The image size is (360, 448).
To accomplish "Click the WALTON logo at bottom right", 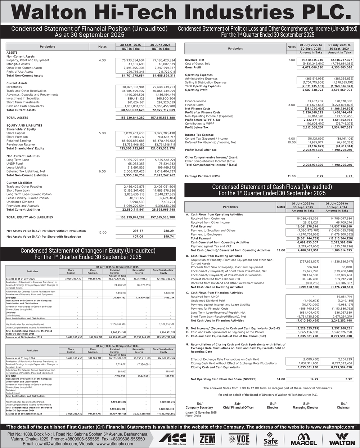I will [342, 438].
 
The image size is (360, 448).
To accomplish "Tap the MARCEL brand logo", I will [303, 438].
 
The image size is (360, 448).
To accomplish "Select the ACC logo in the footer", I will [172, 438].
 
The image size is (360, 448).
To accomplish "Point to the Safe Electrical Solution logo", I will [271, 438].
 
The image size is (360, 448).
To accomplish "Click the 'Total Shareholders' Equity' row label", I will [25, 148].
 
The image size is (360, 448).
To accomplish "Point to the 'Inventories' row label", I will [14, 87].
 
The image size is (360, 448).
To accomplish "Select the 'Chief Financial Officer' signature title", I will [238, 408].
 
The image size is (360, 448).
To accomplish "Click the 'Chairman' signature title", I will [343, 408].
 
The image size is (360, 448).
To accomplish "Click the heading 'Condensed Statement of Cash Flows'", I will [272, 187].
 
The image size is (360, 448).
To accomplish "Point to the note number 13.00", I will [281, 250].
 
